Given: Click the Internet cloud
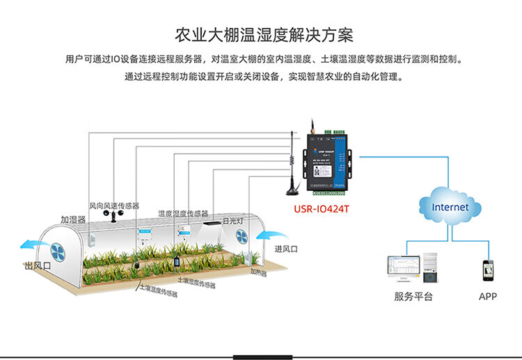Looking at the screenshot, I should (450, 207).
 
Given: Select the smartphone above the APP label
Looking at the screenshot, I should (487, 269).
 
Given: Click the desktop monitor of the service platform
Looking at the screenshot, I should (404, 266).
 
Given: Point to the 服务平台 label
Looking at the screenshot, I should (413, 297).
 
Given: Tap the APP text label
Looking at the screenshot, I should (487, 297).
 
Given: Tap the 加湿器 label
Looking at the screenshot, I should (72, 220).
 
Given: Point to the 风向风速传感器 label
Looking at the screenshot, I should (114, 206).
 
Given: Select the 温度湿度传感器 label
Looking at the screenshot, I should (182, 214).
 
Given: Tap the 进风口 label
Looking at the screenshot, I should (286, 249).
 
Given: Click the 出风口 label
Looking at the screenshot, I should (37, 266).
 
